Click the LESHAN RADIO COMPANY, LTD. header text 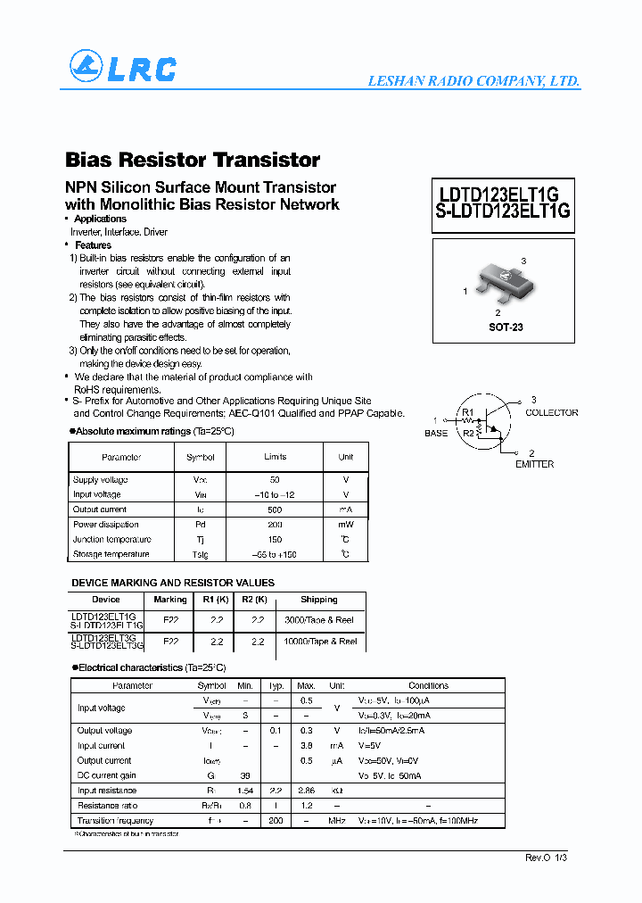click(x=473, y=81)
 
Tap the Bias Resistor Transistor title click(x=193, y=160)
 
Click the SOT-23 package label click(x=506, y=327)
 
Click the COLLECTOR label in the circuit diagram click(x=551, y=413)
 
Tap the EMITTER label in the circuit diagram click(x=534, y=464)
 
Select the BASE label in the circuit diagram click(x=436, y=433)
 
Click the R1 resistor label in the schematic click(x=467, y=412)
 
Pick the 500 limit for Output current click(x=275, y=509)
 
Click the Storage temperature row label click(x=111, y=554)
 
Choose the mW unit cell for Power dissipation click(x=345, y=525)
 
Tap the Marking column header click(x=170, y=600)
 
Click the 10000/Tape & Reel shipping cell click(x=319, y=642)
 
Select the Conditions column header click(x=428, y=685)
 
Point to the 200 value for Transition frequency click(x=276, y=820)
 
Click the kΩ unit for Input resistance click(x=337, y=791)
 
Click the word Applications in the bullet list click(x=101, y=219)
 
